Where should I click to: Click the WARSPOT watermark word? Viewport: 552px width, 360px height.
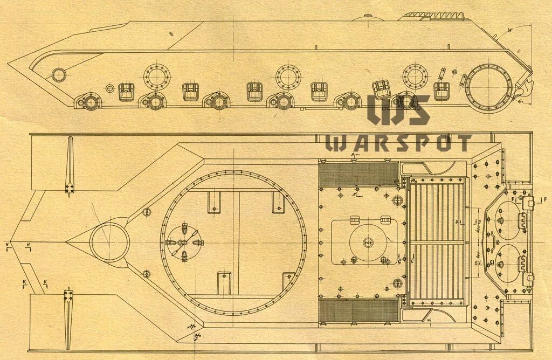point(399,143)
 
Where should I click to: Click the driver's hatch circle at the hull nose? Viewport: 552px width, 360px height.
point(109,243)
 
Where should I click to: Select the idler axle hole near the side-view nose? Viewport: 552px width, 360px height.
point(58,75)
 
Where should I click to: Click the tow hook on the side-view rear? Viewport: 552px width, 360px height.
point(525,84)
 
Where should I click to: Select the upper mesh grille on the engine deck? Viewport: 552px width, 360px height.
point(358,174)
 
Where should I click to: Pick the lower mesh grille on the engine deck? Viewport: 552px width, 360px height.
point(358,311)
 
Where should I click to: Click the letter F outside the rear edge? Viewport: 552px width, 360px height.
point(545,200)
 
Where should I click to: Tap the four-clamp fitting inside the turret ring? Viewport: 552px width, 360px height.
point(183,243)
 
